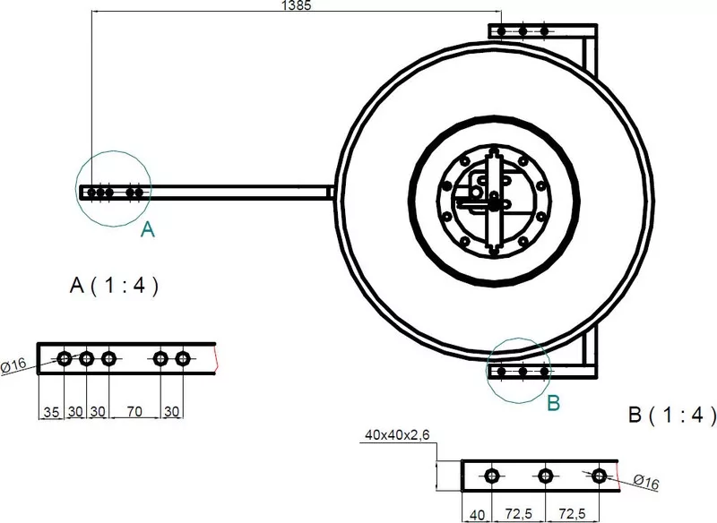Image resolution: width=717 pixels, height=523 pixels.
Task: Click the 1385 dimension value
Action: coord(297,5)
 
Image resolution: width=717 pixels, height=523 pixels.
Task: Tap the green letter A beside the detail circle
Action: coord(148,229)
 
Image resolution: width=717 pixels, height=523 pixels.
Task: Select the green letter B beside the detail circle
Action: coord(553,403)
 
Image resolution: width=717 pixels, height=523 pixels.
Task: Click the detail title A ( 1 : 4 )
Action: coord(115,286)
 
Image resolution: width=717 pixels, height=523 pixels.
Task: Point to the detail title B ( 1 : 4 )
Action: coord(672,416)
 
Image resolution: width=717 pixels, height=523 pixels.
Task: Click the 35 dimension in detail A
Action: coord(51,412)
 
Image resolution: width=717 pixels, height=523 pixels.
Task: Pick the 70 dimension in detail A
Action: coord(134,412)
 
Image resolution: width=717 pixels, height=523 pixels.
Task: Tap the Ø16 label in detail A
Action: coord(13,366)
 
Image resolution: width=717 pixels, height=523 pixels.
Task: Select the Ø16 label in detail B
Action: coord(646,482)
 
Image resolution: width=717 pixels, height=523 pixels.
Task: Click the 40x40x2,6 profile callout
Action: coord(397,435)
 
